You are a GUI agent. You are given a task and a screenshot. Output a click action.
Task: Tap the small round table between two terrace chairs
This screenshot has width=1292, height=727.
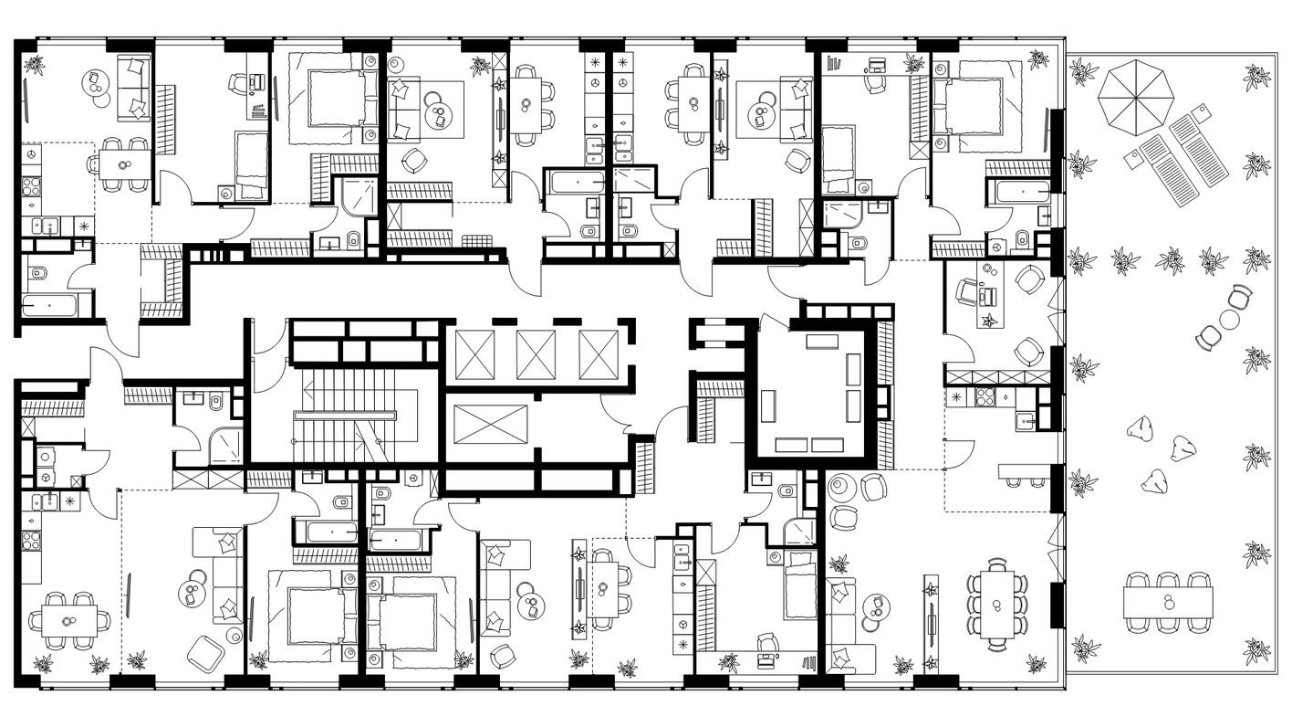click(1229, 319)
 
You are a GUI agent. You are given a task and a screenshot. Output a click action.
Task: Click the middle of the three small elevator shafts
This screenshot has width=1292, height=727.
click(536, 354)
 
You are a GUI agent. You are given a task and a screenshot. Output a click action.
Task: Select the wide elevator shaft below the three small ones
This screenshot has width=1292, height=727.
click(490, 425)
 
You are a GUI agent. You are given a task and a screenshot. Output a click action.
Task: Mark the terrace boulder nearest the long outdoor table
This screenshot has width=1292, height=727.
click(1155, 481)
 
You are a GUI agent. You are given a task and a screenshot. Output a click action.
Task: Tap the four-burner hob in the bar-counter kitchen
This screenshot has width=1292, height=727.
click(985, 397)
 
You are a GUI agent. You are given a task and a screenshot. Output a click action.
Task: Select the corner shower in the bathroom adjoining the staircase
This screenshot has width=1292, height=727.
click(225, 445)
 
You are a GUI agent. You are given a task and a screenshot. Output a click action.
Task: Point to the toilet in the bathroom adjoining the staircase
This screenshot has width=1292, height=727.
click(216, 400)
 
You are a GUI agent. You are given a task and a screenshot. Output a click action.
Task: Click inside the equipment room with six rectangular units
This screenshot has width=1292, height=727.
click(811, 391)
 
